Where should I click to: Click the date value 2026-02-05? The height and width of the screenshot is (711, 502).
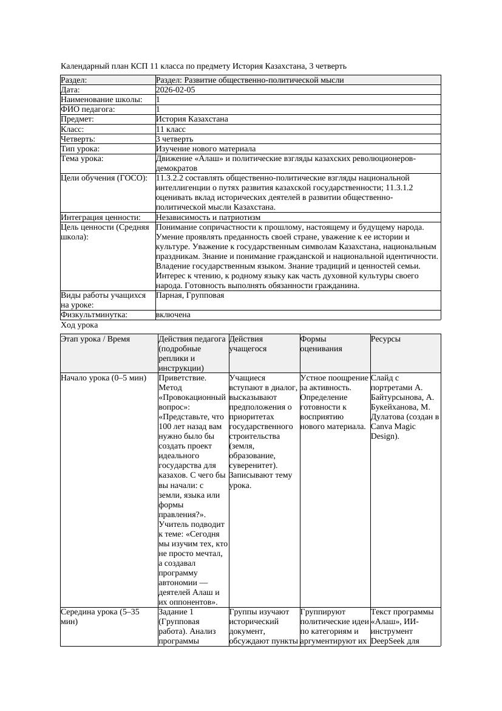point(175,90)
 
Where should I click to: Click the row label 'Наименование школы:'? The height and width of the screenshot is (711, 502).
point(101,100)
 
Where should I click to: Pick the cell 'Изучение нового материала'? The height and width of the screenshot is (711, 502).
point(206,148)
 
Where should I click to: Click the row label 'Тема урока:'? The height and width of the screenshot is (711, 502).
point(83,159)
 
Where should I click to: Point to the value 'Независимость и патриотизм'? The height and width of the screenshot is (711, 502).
point(208,217)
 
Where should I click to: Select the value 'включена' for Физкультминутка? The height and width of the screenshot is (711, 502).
point(173,315)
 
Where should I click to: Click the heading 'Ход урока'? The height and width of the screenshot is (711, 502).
point(79,325)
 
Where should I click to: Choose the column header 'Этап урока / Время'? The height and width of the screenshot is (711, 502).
point(95,338)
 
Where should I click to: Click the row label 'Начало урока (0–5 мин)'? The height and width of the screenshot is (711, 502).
point(104,377)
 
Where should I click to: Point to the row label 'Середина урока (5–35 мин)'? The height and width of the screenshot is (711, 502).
point(100,617)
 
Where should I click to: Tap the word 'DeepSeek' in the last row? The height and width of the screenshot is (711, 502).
point(391,641)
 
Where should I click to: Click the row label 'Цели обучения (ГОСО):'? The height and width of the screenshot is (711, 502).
point(104,178)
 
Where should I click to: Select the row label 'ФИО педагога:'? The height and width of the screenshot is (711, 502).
point(88,109)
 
